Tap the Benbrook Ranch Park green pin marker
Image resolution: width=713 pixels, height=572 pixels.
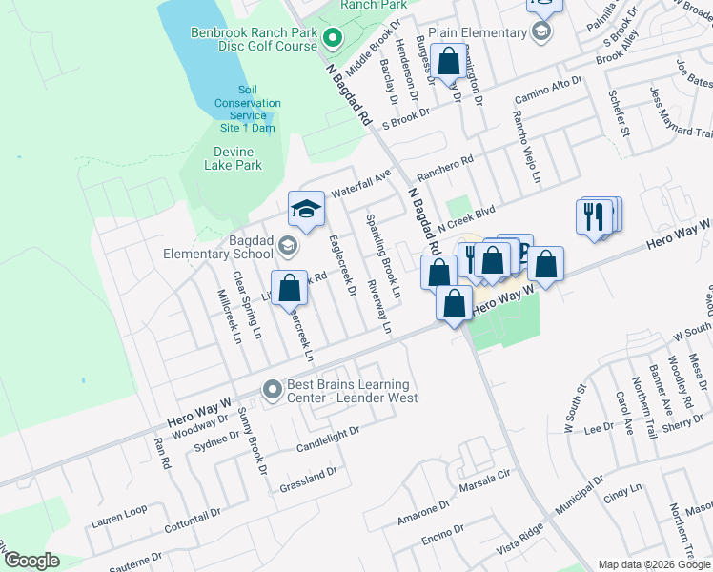[333, 40]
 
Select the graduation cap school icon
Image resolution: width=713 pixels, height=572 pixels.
[306, 210]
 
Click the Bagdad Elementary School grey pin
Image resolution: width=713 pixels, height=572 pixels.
[286, 247]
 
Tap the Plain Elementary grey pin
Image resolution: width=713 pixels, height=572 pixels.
[541, 32]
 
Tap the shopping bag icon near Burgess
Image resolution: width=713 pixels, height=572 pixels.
[448, 60]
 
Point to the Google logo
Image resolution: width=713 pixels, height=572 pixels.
[31, 561]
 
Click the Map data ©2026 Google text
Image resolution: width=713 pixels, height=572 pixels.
[653, 564]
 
